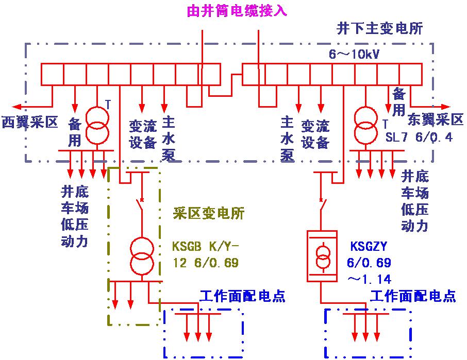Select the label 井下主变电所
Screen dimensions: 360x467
[x=380, y=29]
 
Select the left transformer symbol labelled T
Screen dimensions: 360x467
[x=97, y=125]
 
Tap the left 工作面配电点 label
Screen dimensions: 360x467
[x=242, y=296]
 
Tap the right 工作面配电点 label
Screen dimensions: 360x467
[x=412, y=296]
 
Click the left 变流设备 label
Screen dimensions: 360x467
[x=143, y=134]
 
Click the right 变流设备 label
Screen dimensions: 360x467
[x=315, y=134]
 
